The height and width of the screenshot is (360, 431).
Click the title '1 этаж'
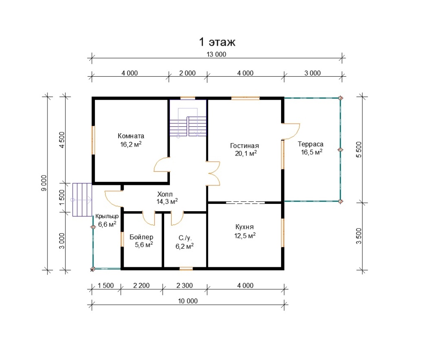click(x=217, y=42)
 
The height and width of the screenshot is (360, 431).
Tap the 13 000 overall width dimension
click(x=216, y=54)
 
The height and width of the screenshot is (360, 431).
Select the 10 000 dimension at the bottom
click(x=188, y=301)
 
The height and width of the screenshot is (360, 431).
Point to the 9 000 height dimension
click(x=44, y=183)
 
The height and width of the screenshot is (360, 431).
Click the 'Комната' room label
click(x=131, y=136)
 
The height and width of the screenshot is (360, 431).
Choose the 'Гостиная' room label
click(x=244, y=146)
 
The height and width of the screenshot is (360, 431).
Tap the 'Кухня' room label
click(x=244, y=227)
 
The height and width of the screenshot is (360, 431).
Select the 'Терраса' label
click(x=311, y=144)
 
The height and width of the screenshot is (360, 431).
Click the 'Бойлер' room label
click(x=141, y=237)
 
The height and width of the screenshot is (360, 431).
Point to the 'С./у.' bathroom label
click(x=185, y=238)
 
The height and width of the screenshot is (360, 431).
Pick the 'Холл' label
click(x=165, y=194)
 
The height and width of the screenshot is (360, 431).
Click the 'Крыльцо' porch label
click(x=107, y=216)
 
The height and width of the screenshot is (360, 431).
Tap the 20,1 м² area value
click(x=246, y=153)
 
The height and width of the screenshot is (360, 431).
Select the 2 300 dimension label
click(x=184, y=286)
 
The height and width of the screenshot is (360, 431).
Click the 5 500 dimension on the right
click(x=359, y=150)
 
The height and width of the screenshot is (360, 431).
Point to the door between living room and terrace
click(x=291, y=131)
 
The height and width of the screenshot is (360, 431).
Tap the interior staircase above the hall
click(x=188, y=122)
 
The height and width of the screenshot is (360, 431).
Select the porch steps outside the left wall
click(x=82, y=200)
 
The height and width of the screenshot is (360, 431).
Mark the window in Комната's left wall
click(x=93, y=140)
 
